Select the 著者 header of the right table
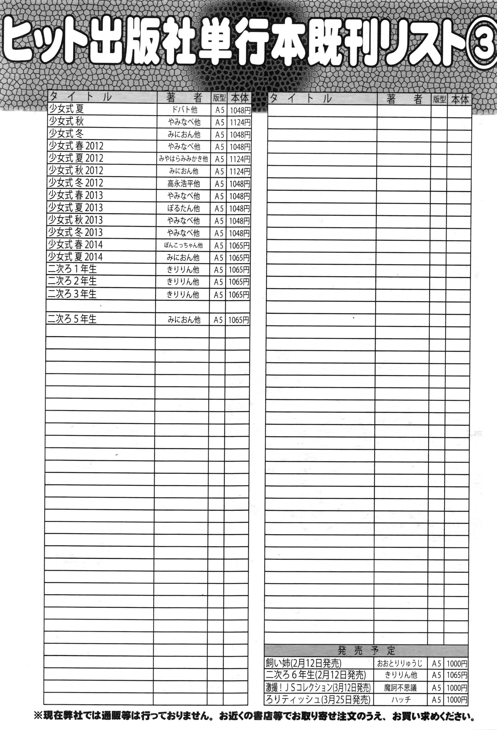pos(404,99)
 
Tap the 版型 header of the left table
pos(219,98)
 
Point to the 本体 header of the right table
pos(459,100)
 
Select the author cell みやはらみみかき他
pos(183,159)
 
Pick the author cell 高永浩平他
pos(183,183)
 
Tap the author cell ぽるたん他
pos(183,208)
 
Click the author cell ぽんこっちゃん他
pos(183,245)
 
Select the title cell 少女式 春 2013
pos(75,195)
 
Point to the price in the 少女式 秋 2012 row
pos(239,171)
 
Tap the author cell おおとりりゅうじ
pos(400,663)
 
